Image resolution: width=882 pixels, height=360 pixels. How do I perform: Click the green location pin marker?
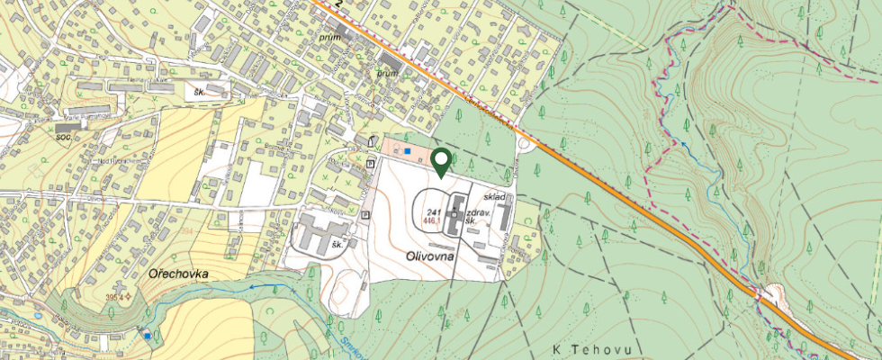tap(441, 162)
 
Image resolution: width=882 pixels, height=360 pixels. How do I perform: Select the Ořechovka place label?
tap(180, 271)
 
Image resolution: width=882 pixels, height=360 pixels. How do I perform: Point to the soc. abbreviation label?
tap(63, 137)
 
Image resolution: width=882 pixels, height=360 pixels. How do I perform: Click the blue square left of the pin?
tap(407, 151)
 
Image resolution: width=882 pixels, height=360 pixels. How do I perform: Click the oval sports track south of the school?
tap(346, 287)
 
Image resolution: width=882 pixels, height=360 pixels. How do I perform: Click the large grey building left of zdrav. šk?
tap(454, 213)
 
